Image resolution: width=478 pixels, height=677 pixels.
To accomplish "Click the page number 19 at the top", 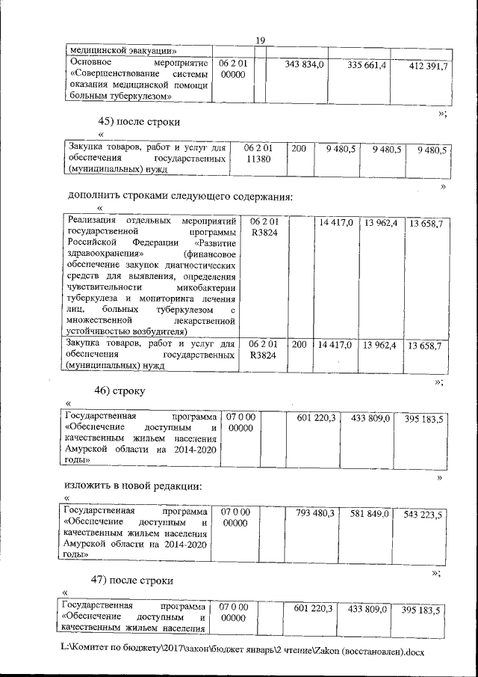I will [261, 40].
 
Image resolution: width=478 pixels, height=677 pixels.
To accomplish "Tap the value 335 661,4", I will [366, 67].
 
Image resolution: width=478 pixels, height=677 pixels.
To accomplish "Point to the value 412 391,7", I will [428, 67].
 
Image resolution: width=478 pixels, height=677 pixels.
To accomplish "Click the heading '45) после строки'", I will [139, 121].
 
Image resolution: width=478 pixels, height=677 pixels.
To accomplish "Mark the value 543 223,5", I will [424, 515].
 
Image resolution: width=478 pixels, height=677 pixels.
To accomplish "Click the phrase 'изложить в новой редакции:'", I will [133, 485].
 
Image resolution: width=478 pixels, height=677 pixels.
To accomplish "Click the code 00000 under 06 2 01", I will [234, 76].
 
